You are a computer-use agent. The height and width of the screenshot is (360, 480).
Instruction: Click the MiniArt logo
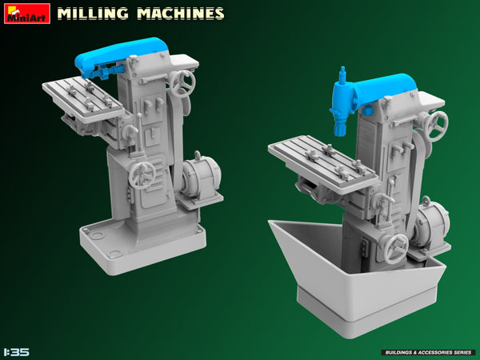coord(26,13)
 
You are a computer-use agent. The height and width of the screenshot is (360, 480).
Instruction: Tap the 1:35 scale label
coord(17,351)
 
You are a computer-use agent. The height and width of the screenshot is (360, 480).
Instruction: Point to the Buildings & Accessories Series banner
coord(429,352)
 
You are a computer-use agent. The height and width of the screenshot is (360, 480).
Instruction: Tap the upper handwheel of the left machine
coord(184,82)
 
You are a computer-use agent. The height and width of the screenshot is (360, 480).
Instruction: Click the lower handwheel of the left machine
coord(142,174)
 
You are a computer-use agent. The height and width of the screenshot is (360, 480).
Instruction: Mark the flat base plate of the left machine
coord(140,248)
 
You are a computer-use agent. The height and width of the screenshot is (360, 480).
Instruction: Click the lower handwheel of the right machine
coord(396,248)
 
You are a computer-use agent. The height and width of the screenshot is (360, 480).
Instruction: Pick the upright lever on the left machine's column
coord(140,132)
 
